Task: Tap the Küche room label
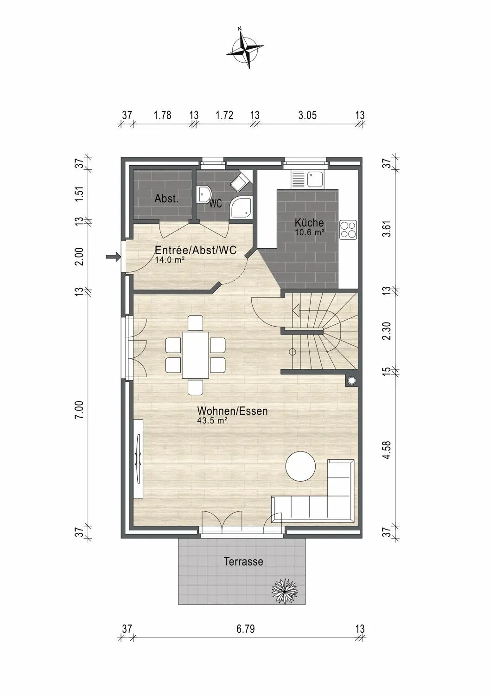point(309,222)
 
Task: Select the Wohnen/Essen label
point(232,411)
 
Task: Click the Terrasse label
point(243,561)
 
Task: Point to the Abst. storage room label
point(166,199)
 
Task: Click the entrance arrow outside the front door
point(113,257)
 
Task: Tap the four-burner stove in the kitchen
point(348,230)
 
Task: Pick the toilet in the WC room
point(241,181)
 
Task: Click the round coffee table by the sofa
point(300,466)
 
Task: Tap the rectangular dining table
point(195,355)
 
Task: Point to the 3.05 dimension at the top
point(307,115)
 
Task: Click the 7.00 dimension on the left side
point(79,410)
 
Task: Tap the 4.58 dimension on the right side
point(387,450)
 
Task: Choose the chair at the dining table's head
point(195,323)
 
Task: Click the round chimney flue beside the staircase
point(352,380)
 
